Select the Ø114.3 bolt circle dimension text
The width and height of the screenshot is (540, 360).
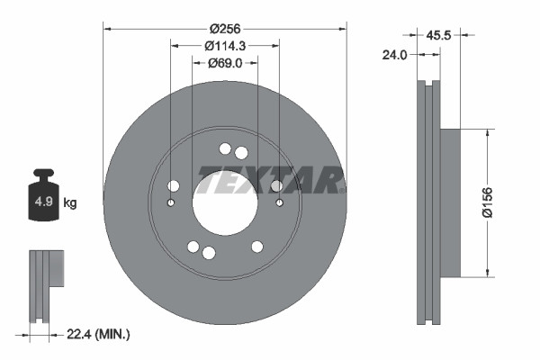pos(225,45)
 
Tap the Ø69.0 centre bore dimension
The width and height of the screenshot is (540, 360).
pos(225,63)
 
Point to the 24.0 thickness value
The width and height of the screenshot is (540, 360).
pos(395,55)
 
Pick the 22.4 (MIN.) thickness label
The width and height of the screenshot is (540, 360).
pos(99,334)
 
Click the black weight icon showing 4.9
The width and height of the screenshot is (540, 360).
pos(43,198)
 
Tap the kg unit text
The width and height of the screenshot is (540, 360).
pos(70,203)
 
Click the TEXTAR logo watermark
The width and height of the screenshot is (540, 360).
pos(270,180)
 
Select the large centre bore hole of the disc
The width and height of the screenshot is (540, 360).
pos(225,198)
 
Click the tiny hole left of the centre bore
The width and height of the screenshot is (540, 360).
pos(171,202)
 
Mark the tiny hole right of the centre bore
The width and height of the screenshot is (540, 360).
pos(279,202)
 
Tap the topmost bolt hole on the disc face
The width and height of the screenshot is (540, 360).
pos(225,149)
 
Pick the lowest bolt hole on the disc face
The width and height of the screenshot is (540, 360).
pos(208,253)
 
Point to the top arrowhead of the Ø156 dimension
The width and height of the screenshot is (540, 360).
pos(488,131)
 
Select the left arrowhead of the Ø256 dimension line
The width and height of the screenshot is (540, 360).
pos(108,30)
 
